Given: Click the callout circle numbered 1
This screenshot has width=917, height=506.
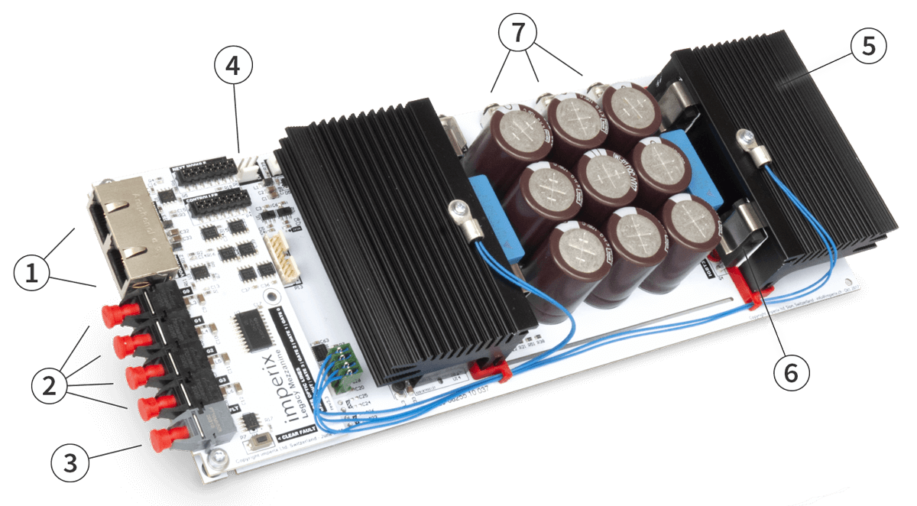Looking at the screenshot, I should [x=31, y=273].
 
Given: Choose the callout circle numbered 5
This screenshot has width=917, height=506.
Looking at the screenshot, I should [x=865, y=47].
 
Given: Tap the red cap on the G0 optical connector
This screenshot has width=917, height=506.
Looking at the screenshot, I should [x=112, y=314].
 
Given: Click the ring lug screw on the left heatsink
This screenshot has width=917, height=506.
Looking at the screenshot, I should [x=458, y=208].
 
